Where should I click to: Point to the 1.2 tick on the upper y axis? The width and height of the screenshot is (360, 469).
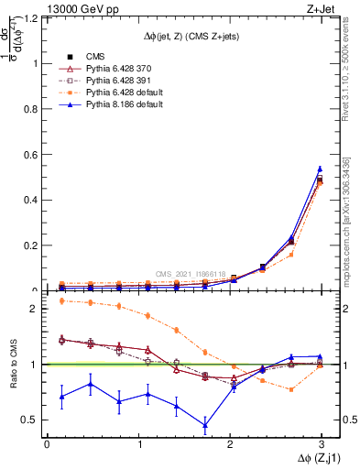pyautogui.click(x=34, y=17)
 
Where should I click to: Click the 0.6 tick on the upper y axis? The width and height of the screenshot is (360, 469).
pyautogui.click(x=34, y=154)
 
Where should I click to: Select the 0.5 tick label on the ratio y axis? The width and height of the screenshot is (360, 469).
pyautogui.click(x=34, y=420)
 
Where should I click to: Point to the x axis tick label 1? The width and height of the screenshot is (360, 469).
pyautogui.click(x=138, y=443)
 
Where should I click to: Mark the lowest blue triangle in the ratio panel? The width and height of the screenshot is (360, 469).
pyautogui.click(x=204, y=425)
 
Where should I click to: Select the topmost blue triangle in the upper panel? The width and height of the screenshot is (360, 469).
pyautogui.click(x=320, y=169)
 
